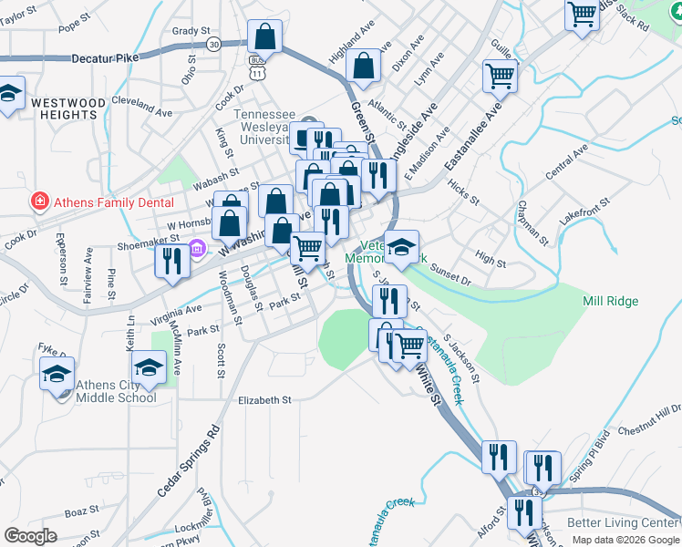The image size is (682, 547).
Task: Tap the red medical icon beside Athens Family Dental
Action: click(39, 201)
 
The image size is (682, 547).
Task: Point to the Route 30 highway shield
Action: click(213, 44)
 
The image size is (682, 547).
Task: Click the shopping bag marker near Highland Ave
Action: click(363, 67)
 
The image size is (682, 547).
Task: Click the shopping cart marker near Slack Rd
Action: click(581, 15)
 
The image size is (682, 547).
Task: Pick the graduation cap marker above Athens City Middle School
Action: click(146, 368)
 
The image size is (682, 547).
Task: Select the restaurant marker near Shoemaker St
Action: click(171, 261)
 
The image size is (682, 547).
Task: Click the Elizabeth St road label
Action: click(263, 399)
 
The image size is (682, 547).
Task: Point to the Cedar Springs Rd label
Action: click(189, 460)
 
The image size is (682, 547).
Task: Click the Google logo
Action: click(31, 536)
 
